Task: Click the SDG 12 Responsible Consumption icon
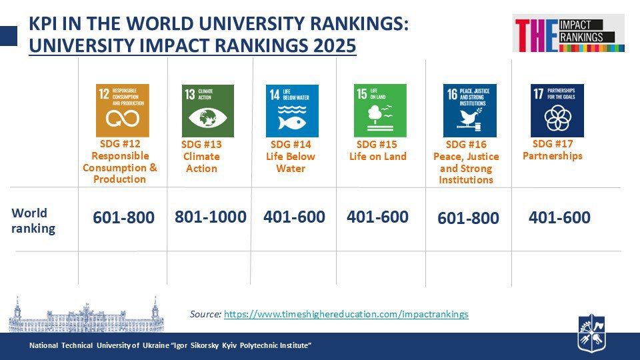coord(123,111)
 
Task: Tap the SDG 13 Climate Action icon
coord(208,111)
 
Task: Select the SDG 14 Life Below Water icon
coord(292,111)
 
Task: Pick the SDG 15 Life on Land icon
coord(379,111)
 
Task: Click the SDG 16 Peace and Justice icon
coord(470,111)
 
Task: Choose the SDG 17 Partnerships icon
coord(557,111)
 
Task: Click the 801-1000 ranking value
coord(211,217)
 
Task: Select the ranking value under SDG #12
coord(123,218)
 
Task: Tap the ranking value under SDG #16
coord(468,219)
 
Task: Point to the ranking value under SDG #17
coord(559,217)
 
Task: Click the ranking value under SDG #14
coord(294,217)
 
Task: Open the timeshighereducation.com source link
coord(346,314)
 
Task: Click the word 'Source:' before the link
coord(205,314)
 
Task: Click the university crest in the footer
coord(591,333)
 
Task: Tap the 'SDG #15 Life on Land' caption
coord(378,151)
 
